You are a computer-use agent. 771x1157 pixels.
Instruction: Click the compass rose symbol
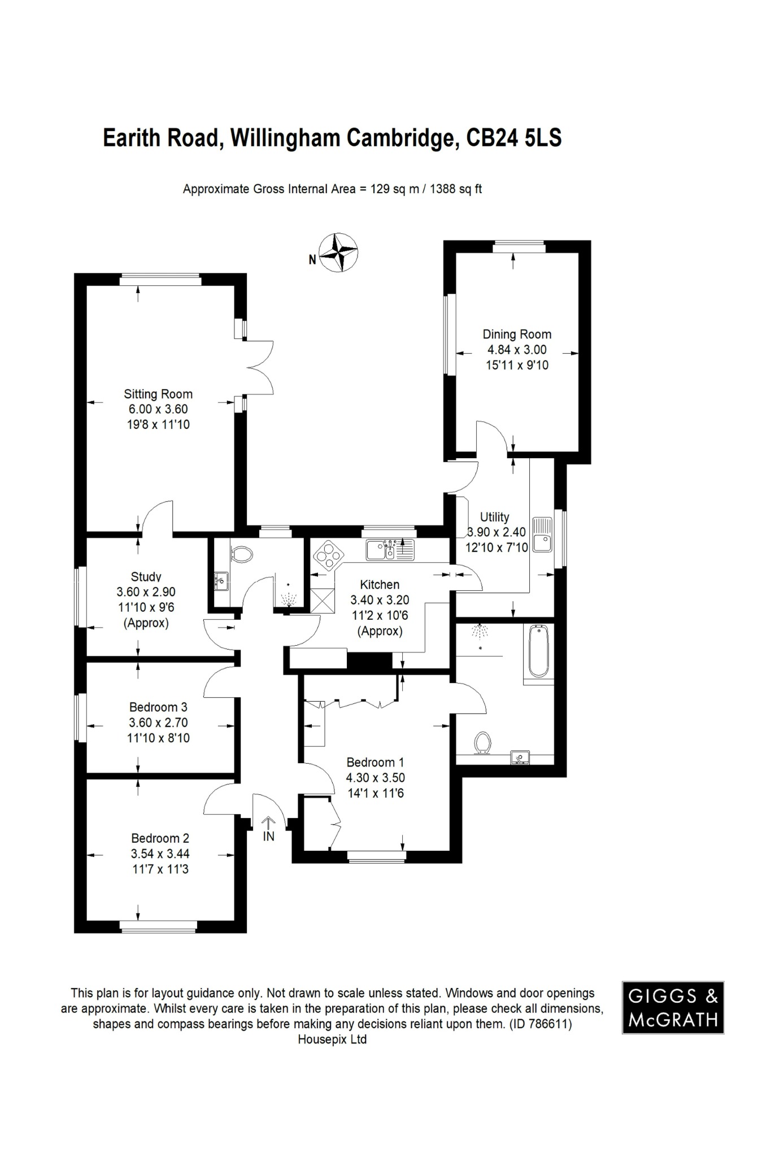coord(338,253)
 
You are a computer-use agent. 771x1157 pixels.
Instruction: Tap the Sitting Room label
coord(158,394)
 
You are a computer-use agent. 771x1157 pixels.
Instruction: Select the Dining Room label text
coord(517,334)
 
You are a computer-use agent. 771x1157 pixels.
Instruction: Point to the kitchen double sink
coord(390,550)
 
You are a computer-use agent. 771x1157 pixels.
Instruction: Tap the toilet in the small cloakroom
coord(243,554)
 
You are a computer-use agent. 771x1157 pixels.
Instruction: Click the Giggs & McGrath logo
coord(673,1007)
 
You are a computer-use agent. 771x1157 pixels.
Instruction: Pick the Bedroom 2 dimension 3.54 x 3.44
coord(160,854)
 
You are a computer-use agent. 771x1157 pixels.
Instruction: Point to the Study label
coord(146,577)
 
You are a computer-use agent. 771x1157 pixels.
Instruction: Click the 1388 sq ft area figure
coord(456,189)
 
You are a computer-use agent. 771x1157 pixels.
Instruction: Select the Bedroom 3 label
coord(158,707)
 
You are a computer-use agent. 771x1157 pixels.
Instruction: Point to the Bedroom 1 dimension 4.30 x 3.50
coord(376,777)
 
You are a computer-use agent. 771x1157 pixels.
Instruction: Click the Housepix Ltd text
coord(332,1039)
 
